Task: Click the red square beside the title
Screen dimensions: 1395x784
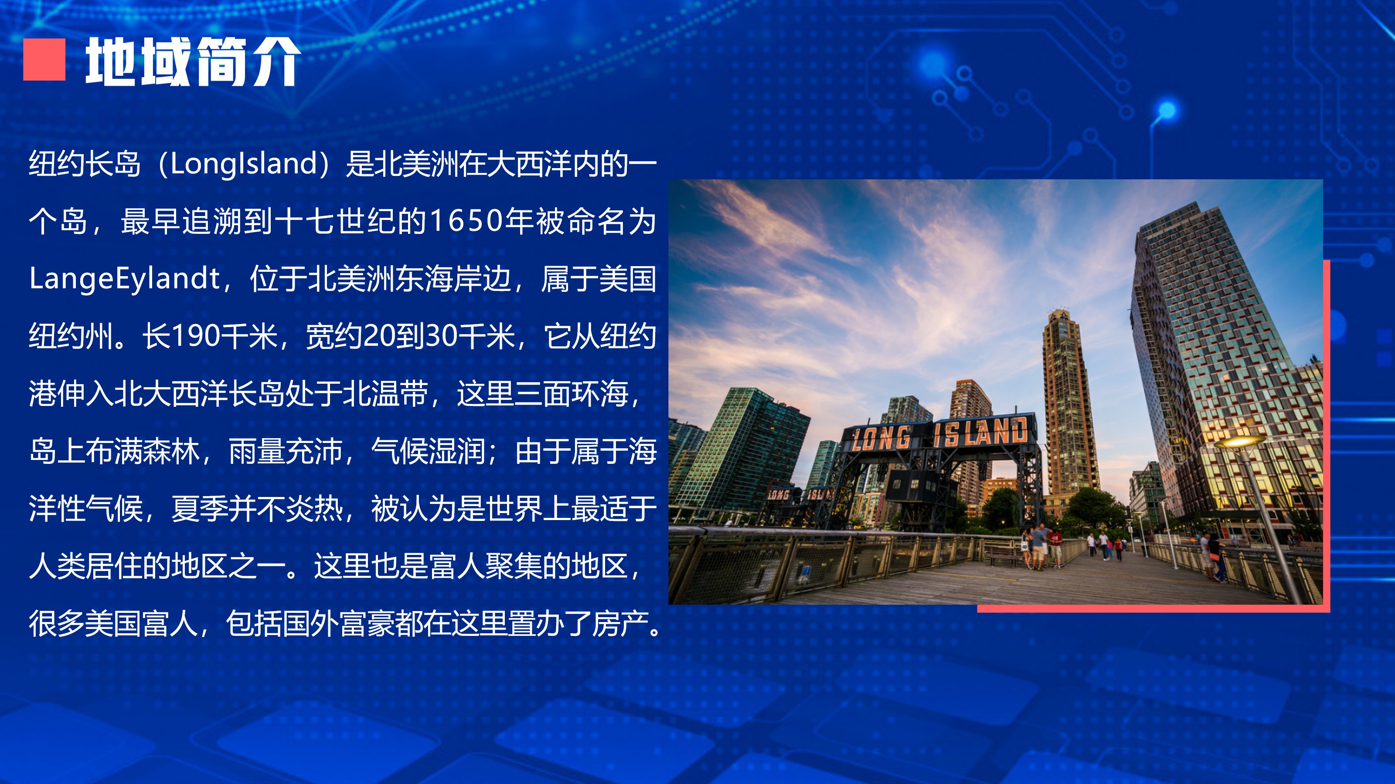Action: (44, 60)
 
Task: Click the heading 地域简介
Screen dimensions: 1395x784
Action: (193, 61)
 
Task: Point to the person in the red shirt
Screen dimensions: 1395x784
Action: (1055, 547)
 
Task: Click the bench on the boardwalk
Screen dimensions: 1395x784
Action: (1002, 556)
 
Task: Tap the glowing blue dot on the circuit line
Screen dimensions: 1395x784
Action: (1167, 110)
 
